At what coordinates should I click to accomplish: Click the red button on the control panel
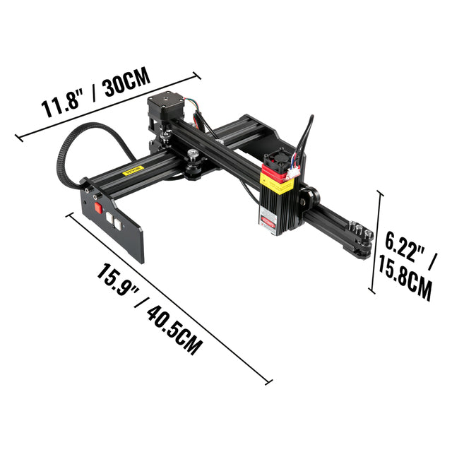click(x=98, y=208)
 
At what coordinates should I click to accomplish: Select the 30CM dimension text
click(x=127, y=82)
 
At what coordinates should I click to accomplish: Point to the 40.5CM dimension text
click(x=174, y=331)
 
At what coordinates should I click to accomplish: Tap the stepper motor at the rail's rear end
click(x=165, y=110)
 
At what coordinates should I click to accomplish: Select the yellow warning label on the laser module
click(x=276, y=183)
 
